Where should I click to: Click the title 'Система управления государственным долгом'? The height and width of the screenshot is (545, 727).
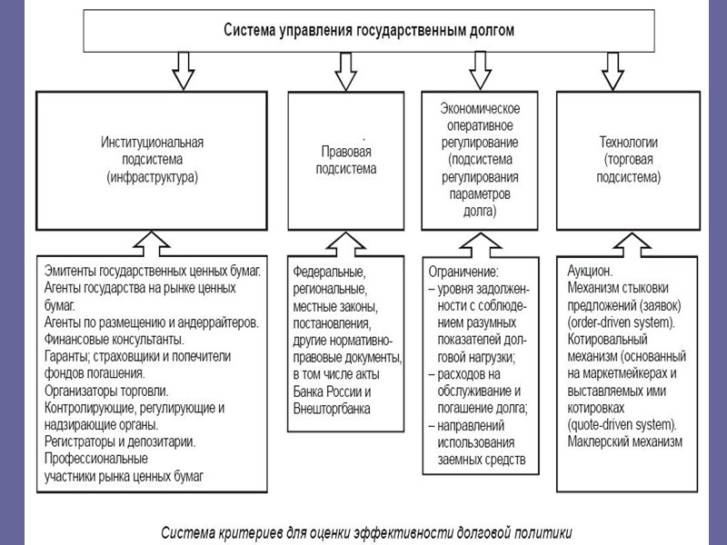(369, 30)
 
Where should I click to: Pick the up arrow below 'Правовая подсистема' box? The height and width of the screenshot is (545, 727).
(344, 243)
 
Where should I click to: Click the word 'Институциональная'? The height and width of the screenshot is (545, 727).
(152, 142)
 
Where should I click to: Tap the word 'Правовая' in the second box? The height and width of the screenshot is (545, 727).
(346, 151)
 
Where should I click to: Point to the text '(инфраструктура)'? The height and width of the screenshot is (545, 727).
(152, 178)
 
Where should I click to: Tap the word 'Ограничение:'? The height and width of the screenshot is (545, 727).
(463, 271)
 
